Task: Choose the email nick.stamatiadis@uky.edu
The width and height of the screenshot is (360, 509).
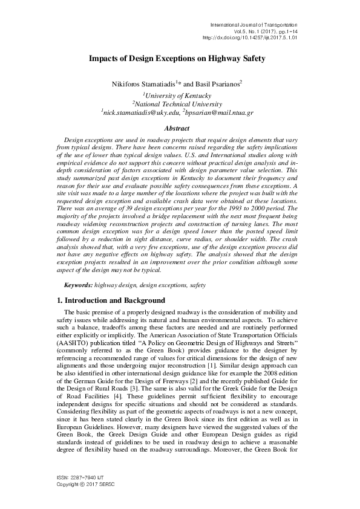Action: click(x=151, y=112)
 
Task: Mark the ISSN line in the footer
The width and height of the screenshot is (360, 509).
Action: click(x=75, y=478)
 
